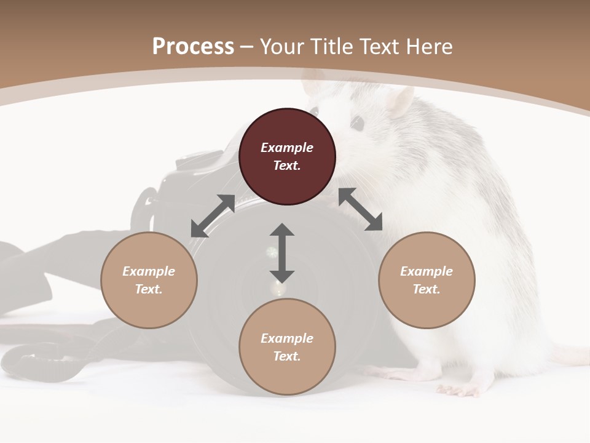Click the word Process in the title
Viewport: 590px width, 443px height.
tap(193, 47)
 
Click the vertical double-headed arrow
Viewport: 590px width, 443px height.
tap(282, 253)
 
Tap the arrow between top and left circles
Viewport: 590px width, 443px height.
tap(213, 216)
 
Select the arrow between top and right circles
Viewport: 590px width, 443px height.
tap(360, 209)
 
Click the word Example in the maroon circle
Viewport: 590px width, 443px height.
tap(287, 148)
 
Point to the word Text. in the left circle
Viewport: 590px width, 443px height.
tap(149, 289)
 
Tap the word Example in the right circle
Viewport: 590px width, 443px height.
tap(427, 271)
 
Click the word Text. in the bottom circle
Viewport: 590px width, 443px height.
tap(287, 356)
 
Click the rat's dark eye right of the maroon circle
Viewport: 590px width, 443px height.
tap(356, 123)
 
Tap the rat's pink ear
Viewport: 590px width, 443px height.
tap(401, 100)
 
